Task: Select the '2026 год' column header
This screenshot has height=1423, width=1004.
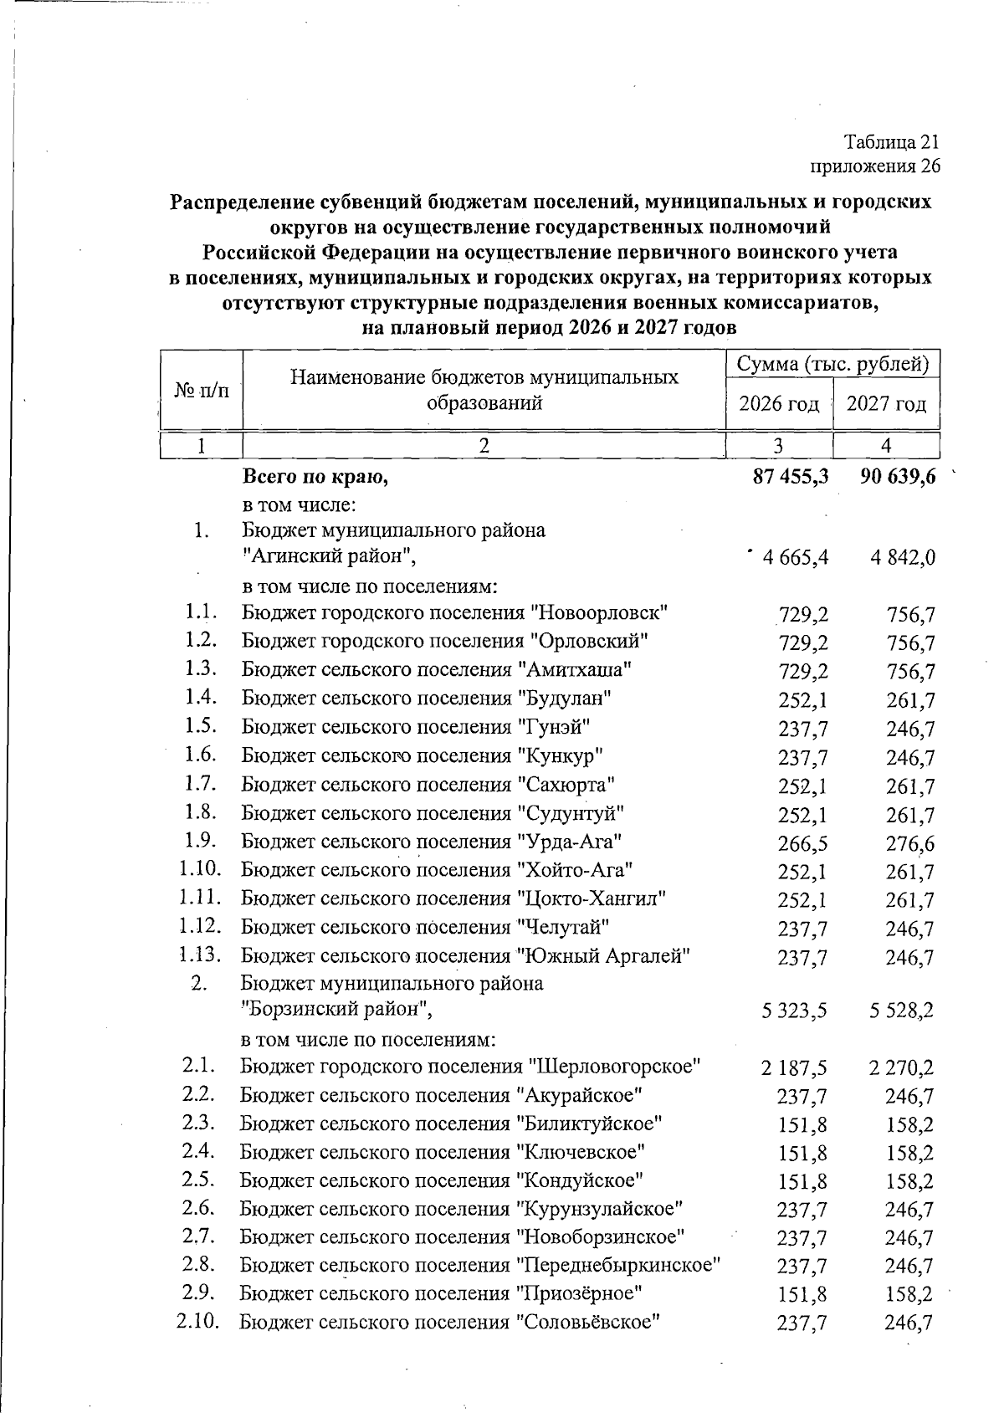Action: pos(778,405)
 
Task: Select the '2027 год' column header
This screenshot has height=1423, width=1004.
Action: pos(887,405)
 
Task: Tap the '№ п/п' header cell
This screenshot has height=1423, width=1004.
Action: pos(201,390)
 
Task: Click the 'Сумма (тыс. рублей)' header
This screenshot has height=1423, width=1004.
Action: pos(832,365)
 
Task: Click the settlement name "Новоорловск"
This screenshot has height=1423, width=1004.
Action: pos(599,612)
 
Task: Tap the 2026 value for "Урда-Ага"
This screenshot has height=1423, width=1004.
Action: pos(802,843)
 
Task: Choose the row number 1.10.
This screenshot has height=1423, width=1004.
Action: pos(199,869)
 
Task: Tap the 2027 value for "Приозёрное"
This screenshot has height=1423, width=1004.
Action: pos(909,1294)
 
